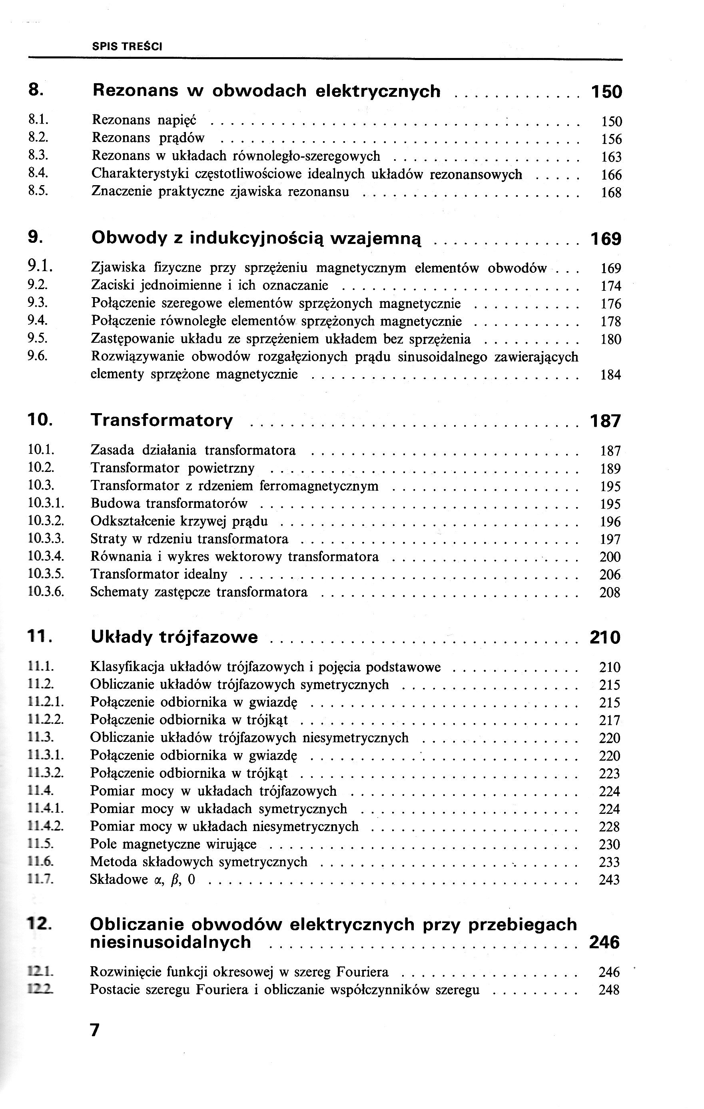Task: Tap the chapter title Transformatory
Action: click(162, 420)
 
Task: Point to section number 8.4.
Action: click(38, 174)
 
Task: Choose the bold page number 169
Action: click(606, 239)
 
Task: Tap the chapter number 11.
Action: click(39, 637)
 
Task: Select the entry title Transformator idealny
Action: click(159, 574)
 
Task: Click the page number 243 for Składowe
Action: click(610, 880)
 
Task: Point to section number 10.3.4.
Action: click(46, 556)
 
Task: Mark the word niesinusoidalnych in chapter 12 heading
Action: click(170, 942)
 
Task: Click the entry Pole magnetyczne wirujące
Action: click(173, 844)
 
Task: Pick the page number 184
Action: click(610, 375)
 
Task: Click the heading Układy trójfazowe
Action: click(174, 637)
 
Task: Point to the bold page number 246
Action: click(604, 942)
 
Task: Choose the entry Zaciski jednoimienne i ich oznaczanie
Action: click(209, 286)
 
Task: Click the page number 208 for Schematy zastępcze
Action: click(610, 592)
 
